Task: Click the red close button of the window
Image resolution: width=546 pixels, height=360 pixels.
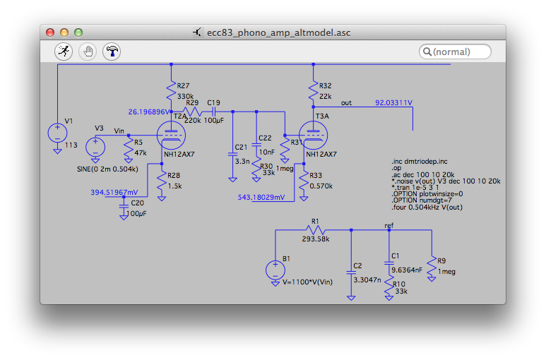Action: point(50,32)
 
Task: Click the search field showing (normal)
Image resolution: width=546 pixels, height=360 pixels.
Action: point(456,52)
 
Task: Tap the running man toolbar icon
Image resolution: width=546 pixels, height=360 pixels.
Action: point(64,51)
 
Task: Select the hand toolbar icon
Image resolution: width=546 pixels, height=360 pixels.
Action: point(88,51)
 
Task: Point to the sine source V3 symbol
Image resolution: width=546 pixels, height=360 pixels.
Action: point(95,147)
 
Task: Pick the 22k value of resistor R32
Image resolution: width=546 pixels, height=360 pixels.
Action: point(326,96)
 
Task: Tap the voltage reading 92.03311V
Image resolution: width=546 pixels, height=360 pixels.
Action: point(393,103)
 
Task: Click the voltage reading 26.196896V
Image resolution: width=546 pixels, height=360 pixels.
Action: point(150,112)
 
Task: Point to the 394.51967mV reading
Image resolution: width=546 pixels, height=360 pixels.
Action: point(114,191)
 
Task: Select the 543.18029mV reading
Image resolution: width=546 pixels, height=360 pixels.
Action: point(262,198)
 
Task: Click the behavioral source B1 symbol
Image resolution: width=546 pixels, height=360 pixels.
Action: point(275,270)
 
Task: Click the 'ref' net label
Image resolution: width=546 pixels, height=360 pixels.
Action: point(388,225)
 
